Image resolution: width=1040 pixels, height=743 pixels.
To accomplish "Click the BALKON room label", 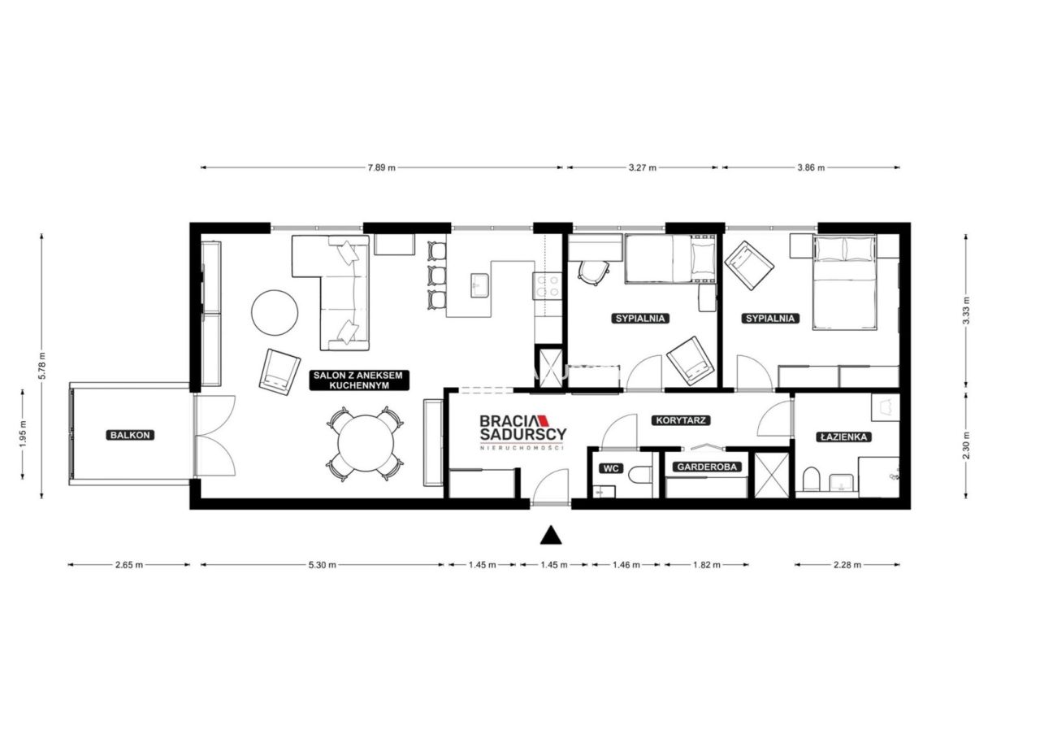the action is pyautogui.click(x=130, y=435).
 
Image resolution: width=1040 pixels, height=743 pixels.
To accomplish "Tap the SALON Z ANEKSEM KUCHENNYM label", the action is pyautogui.click(x=359, y=380).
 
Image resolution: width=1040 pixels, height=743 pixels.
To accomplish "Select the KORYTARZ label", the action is pyautogui.click(x=681, y=421).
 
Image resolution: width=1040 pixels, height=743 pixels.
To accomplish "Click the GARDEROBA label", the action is pyautogui.click(x=707, y=467).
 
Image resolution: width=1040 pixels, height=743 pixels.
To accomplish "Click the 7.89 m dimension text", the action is pyautogui.click(x=382, y=168).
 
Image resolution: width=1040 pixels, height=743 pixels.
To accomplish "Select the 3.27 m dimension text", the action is pyautogui.click(x=643, y=168).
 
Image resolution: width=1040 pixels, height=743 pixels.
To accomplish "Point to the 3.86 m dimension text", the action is pyautogui.click(x=811, y=168).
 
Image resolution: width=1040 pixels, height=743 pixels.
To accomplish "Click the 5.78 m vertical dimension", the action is pyautogui.click(x=42, y=366).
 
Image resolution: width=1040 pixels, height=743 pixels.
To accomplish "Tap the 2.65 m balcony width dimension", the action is pyautogui.click(x=129, y=565).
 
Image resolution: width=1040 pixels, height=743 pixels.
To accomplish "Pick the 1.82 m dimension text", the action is pyautogui.click(x=707, y=565).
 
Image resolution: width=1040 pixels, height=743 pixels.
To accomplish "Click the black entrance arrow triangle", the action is pyautogui.click(x=551, y=536).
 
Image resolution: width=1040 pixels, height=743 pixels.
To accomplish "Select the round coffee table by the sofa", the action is pyautogui.click(x=275, y=312).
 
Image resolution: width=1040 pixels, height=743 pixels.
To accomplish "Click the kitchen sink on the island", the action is pyautogui.click(x=479, y=285).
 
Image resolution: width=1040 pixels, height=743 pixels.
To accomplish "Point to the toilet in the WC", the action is pyautogui.click(x=641, y=475).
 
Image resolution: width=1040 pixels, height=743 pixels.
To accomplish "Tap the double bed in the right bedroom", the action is pyautogui.click(x=844, y=282).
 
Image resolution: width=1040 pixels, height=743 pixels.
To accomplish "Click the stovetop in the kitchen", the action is pyautogui.click(x=547, y=286).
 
